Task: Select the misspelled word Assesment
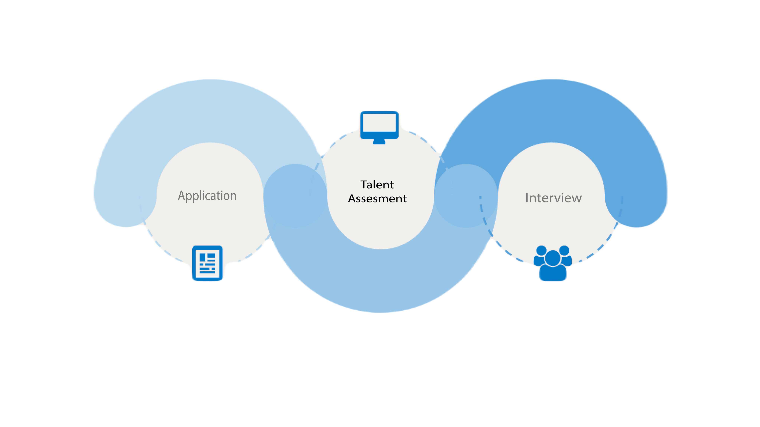click(x=377, y=199)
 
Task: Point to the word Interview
click(x=553, y=198)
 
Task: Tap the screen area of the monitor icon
click(x=379, y=123)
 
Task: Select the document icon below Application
click(x=207, y=263)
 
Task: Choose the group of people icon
click(x=553, y=263)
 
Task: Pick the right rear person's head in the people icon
click(x=564, y=250)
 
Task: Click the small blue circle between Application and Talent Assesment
click(x=295, y=195)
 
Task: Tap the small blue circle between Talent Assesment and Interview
click(x=466, y=195)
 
